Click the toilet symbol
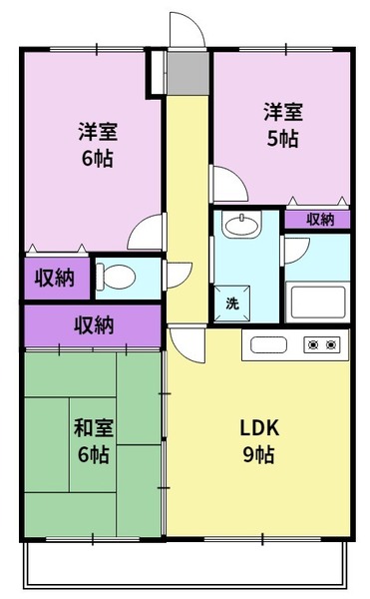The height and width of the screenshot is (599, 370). pyautogui.click(x=116, y=277)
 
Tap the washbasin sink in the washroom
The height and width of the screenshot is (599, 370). pyautogui.click(x=241, y=225)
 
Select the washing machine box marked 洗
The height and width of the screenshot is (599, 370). pyautogui.click(x=232, y=303)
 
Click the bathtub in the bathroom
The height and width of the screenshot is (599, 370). pyautogui.click(x=318, y=302)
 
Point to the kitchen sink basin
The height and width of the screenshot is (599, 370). pyautogui.click(x=268, y=345)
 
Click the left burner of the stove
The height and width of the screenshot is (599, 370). pyautogui.click(x=314, y=345)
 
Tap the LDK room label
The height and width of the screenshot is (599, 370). pyautogui.click(x=259, y=428)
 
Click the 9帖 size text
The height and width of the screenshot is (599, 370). pyautogui.click(x=259, y=454)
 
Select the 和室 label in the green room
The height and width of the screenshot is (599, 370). pyautogui.click(x=94, y=427)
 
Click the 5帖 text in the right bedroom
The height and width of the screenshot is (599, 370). pyautogui.click(x=282, y=139)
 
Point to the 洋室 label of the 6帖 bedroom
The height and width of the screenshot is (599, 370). pyautogui.click(x=98, y=131)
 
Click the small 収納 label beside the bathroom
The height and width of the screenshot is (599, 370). pyautogui.click(x=320, y=220)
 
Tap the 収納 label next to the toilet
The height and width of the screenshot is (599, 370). pyautogui.click(x=55, y=278)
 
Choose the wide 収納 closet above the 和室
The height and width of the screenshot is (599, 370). pyautogui.click(x=94, y=325)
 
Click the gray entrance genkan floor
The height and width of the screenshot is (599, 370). pyautogui.click(x=188, y=73)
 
